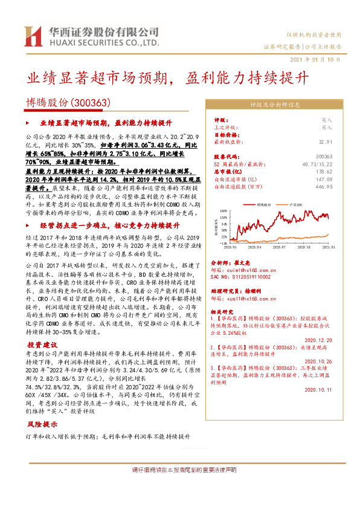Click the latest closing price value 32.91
coord(325,141)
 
